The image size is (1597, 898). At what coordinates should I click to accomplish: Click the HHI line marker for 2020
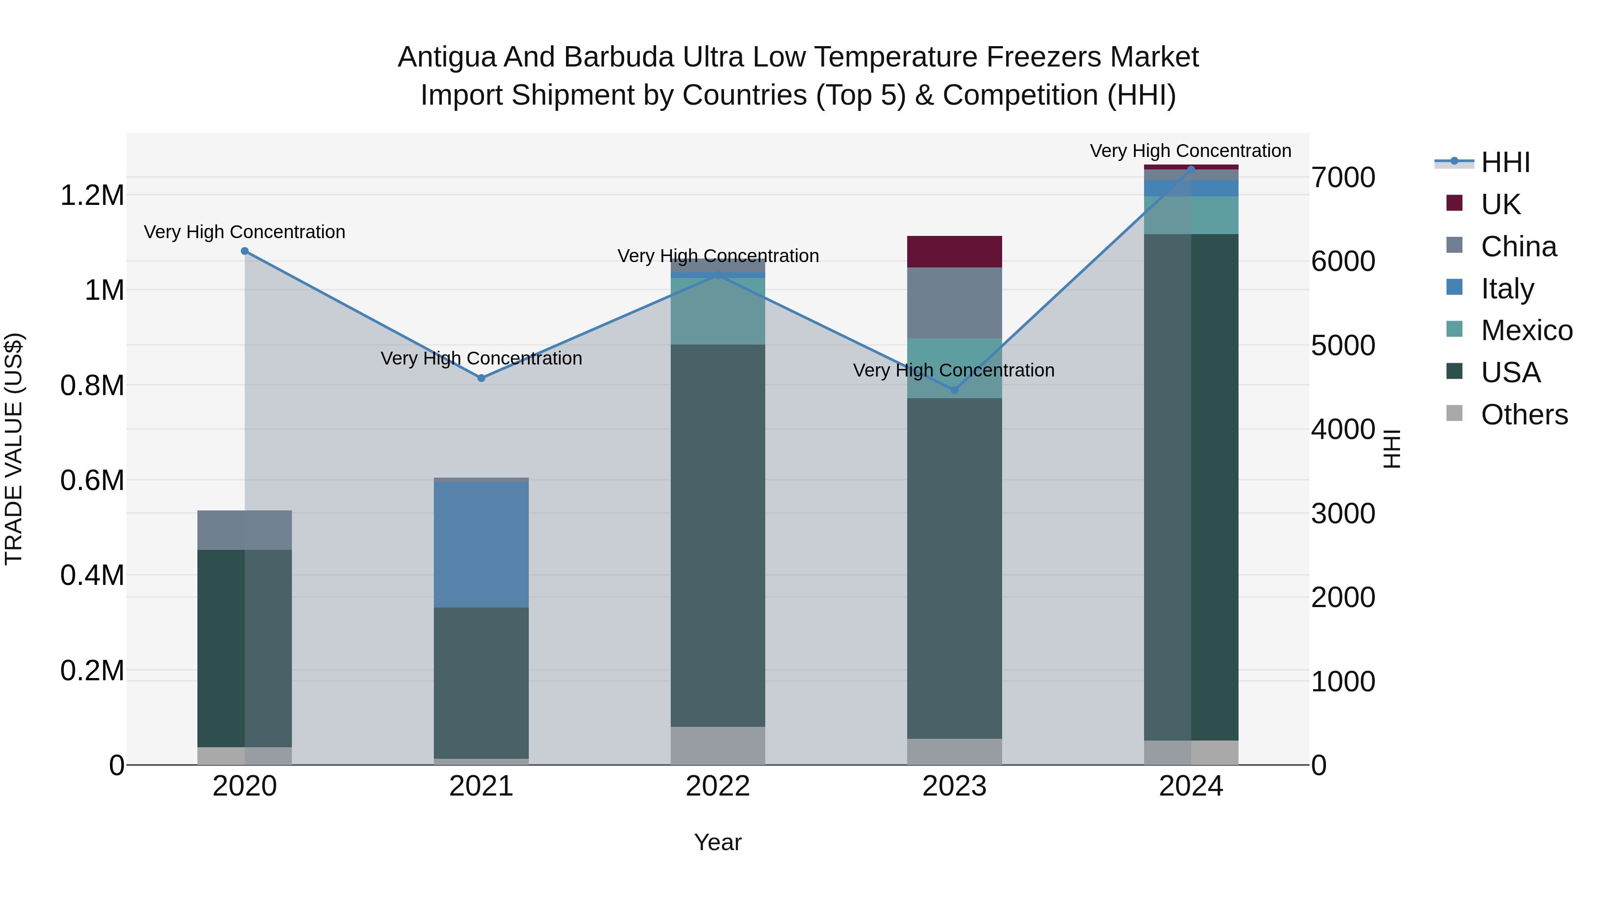pos(245,251)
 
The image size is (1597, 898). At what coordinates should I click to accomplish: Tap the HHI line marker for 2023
pos(955,390)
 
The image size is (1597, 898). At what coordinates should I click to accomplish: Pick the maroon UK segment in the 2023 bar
pos(955,251)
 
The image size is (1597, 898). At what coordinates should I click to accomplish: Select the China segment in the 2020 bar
pos(245,530)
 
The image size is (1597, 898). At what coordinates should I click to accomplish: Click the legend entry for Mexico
pos(1526,330)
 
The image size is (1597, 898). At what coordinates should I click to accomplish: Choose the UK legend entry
pos(1500,204)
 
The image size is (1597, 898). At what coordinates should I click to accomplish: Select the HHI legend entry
pos(1505,162)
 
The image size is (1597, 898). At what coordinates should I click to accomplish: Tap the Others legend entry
pos(1524,415)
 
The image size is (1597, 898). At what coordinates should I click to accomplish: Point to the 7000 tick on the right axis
pos(1343,177)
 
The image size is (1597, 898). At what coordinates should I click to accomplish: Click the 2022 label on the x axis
pos(718,786)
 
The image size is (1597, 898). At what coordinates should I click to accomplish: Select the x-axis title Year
pos(718,842)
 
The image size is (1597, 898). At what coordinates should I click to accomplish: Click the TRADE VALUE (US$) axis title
pos(14,449)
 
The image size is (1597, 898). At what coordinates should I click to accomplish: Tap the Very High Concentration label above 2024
pos(1190,151)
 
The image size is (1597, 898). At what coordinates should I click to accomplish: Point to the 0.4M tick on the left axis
pos(92,575)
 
